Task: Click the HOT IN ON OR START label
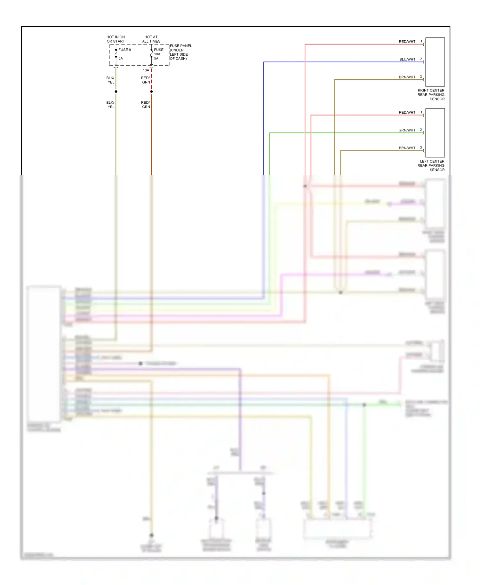point(116,39)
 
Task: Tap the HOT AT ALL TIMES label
point(151,39)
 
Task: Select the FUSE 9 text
point(124,50)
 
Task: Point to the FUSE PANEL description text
point(180,52)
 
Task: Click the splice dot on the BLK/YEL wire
point(116,92)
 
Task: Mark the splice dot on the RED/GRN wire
point(151,92)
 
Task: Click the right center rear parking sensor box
point(435,62)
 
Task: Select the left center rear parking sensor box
point(435,133)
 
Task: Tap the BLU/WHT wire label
point(407,60)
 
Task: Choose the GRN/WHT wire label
point(407,130)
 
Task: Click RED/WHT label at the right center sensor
point(407,42)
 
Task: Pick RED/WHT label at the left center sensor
point(407,113)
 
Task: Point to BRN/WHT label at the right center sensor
point(407,77)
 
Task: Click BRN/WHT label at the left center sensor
point(407,148)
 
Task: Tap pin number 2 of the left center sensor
point(421,130)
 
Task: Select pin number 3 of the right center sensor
point(421,77)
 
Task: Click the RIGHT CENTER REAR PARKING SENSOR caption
point(431,95)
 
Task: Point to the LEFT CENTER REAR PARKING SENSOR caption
point(431,165)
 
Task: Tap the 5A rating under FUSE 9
point(121,59)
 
